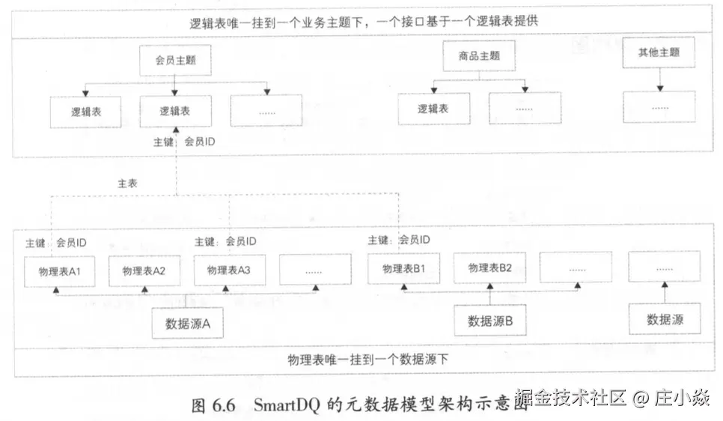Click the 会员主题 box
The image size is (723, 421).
[x=175, y=60]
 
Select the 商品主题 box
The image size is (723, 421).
[x=479, y=55]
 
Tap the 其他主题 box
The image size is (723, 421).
[x=659, y=52]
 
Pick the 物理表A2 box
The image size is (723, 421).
[x=144, y=270]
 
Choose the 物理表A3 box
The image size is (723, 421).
[x=229, y=270]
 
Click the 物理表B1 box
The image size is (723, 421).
[x=404, y=268]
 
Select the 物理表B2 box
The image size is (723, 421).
[x=489, y=267]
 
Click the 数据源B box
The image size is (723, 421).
[x=490, y=321]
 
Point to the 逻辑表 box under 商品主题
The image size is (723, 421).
[x=433, y=109]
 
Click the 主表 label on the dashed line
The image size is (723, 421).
[x=127, y=183]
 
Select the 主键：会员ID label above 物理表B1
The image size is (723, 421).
[x=399, y=240]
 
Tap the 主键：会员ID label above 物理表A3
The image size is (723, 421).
[x=225, y=241]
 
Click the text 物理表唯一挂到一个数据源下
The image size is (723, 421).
[x=368, y=360]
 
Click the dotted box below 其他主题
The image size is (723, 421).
[x=659, y=107]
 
